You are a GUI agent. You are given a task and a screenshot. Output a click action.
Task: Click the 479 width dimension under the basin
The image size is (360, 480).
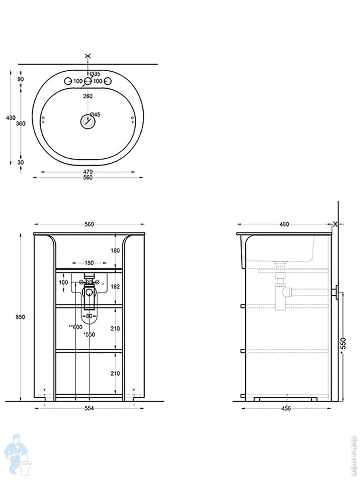coord(88,172)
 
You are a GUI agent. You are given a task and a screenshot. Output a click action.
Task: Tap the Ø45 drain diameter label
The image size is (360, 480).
coord(95,115)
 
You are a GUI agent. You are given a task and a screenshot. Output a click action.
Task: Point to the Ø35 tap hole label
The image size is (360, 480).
coord(95,74)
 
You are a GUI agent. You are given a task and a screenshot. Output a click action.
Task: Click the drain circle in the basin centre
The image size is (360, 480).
coord(88,122)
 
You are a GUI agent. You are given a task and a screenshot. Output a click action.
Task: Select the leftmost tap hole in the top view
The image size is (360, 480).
coord(68,81)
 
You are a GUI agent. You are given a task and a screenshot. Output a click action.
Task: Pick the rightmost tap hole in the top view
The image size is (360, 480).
coord(107,81)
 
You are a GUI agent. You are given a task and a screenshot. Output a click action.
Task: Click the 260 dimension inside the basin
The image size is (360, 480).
coord(88,96)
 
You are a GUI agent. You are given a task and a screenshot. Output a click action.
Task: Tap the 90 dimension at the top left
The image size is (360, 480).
coord(20,79)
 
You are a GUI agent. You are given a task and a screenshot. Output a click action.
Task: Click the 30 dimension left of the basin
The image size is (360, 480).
coord(20,162)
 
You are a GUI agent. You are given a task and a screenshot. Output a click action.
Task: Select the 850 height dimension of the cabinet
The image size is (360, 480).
coord(20,317)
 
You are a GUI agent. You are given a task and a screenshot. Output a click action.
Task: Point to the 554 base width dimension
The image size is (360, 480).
coord(89,408)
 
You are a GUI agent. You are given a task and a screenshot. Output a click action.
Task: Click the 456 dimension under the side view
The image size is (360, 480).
coord(286,408)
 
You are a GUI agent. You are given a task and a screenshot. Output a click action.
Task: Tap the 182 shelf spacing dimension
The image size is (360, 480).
coord(115,287)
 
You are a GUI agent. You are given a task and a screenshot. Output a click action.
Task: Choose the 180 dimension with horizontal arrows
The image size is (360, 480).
coord(89,263)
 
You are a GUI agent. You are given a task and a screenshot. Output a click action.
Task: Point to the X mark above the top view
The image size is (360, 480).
coord(88,56)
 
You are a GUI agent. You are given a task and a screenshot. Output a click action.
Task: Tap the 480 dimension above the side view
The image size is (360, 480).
coord(284,224)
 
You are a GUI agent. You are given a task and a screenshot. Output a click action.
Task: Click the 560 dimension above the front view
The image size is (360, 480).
coord(89,224)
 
